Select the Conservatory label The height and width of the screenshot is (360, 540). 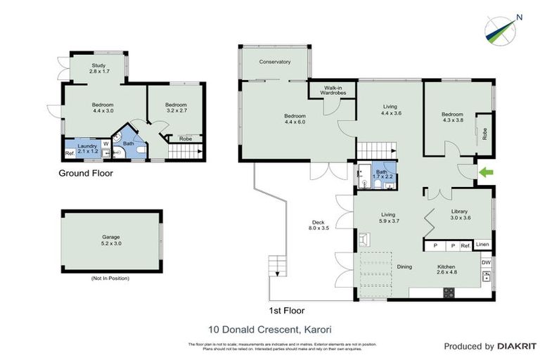(275, 62)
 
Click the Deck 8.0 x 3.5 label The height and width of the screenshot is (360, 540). (319, 224)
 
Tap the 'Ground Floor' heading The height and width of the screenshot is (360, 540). (85, 173)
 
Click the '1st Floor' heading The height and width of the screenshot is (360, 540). (288, 310)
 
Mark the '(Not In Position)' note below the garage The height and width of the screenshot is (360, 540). (110, 278)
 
